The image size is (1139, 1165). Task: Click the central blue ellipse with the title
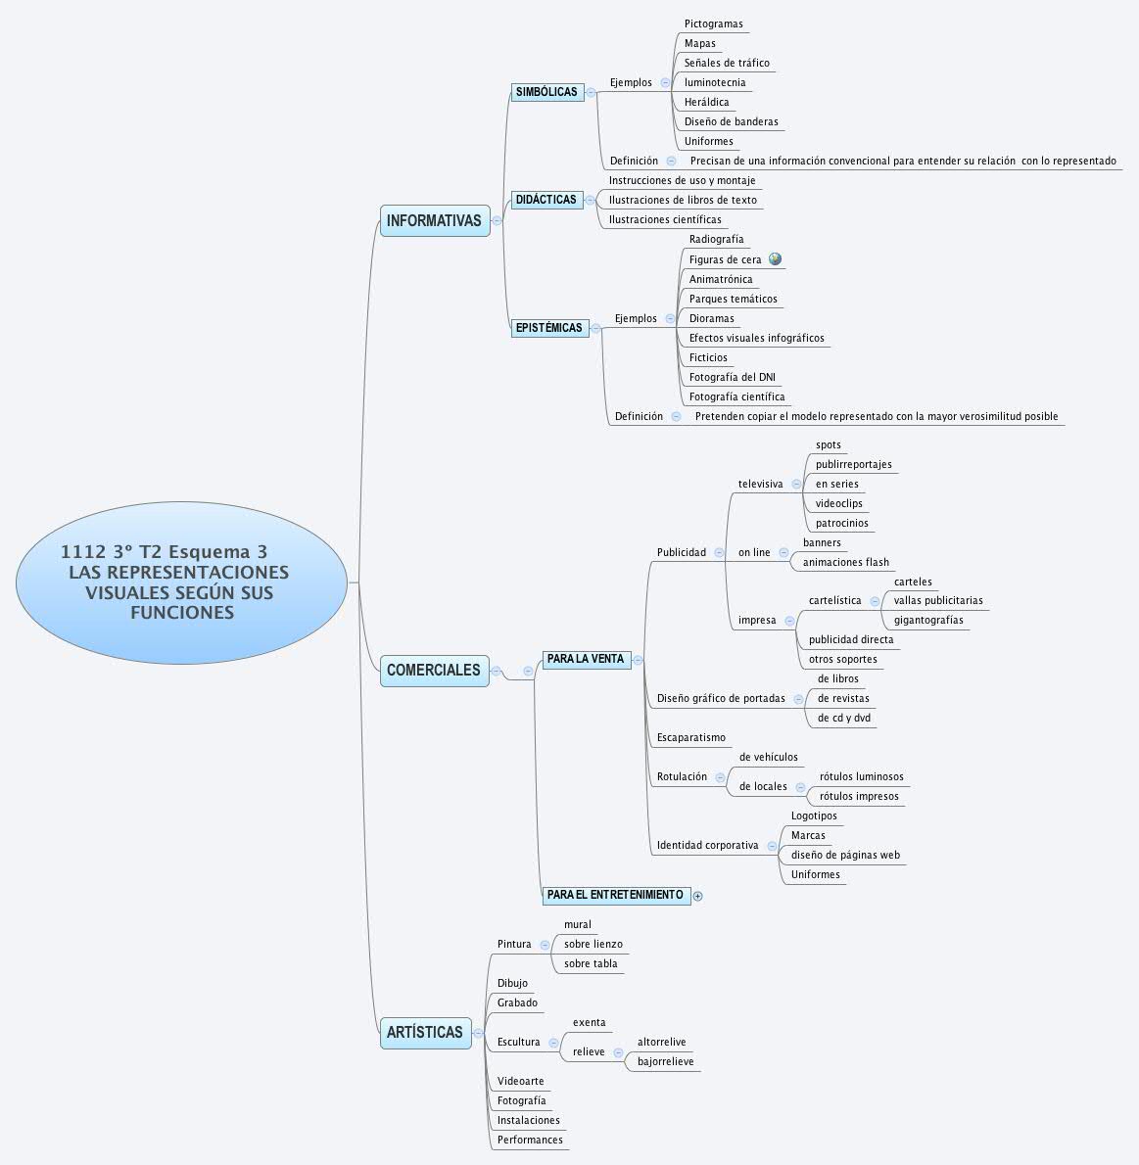click(x=181, y=582)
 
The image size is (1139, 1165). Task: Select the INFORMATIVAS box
click(x=434, y=220)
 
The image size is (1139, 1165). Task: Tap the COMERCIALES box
click(x=434, y=671)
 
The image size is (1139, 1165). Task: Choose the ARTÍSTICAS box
click(x=424, y=1033)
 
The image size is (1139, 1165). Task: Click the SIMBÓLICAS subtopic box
click(x=546, y=92)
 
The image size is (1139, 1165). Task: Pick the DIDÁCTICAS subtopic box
click(x=546, y=200)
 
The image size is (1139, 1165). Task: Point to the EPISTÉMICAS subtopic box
click(x=548, y=328)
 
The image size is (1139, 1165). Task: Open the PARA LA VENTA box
click(x=586, y=660)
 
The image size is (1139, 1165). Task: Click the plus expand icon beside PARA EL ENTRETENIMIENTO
click(x=698, y=896)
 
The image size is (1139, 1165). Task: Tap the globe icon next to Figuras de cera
click(x=776, y=259)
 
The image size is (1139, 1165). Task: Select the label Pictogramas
click(x=713, y=23)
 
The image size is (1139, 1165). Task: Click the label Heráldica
click(x=706, y=102)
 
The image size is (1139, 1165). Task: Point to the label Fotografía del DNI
click(x=733, y=377)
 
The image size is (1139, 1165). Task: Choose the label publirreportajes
click(x=853, y=464)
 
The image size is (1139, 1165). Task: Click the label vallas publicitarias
click(x=937, y=600)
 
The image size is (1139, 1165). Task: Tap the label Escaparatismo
click(x=690, y=737)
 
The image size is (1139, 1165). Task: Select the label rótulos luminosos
click(x=861, y=776)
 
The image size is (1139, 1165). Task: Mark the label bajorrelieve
click(x=665, y=1061)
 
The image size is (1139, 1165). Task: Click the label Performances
click(x=530, y=1140)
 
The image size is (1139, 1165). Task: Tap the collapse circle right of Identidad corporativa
click(x=772, y=846)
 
